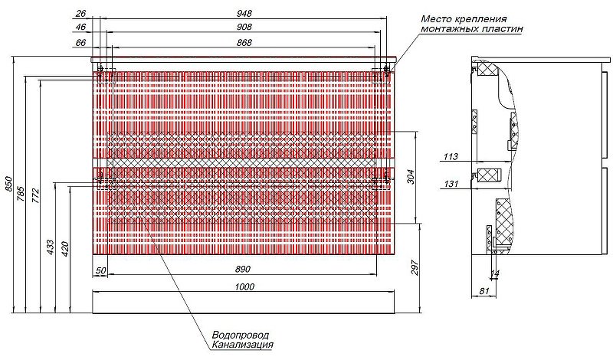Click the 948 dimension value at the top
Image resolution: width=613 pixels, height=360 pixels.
click(x=244, y=13)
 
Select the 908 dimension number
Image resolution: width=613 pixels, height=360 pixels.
click(x=244, y=27)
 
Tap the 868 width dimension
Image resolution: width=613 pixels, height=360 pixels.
click(x=244, y=42)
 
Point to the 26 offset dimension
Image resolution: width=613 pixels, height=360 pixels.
click(x=80, y=13)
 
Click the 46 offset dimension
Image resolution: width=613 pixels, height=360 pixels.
click(x=80, y=27)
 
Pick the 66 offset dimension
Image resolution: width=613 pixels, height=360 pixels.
click(x=80, y=42)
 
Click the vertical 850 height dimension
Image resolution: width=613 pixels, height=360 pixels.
click(x=9, y=184)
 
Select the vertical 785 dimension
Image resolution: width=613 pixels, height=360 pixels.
click(x=21, y=194)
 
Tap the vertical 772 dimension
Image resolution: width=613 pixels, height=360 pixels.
click(x=35, y=195)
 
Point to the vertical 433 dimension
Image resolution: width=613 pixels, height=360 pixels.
click(x=51, y=248)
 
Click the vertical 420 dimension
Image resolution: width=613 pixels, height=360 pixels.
click(x=65, y=249)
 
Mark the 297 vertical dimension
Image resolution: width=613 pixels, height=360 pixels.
click(x=415, y=268)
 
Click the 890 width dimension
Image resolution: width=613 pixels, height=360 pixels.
click(x=243, y=270)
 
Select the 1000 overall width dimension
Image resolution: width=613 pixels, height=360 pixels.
click(x=244, y=286)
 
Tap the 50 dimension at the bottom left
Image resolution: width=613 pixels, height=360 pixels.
click(x=101, y=270)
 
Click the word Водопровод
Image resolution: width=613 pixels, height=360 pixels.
click(x=241, y=335)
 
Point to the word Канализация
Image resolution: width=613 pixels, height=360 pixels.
click(x=242, y=345)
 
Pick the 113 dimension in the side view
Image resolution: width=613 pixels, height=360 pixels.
click(x=451, y=157)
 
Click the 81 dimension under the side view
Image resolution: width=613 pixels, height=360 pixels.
click(x=484, y=291)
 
